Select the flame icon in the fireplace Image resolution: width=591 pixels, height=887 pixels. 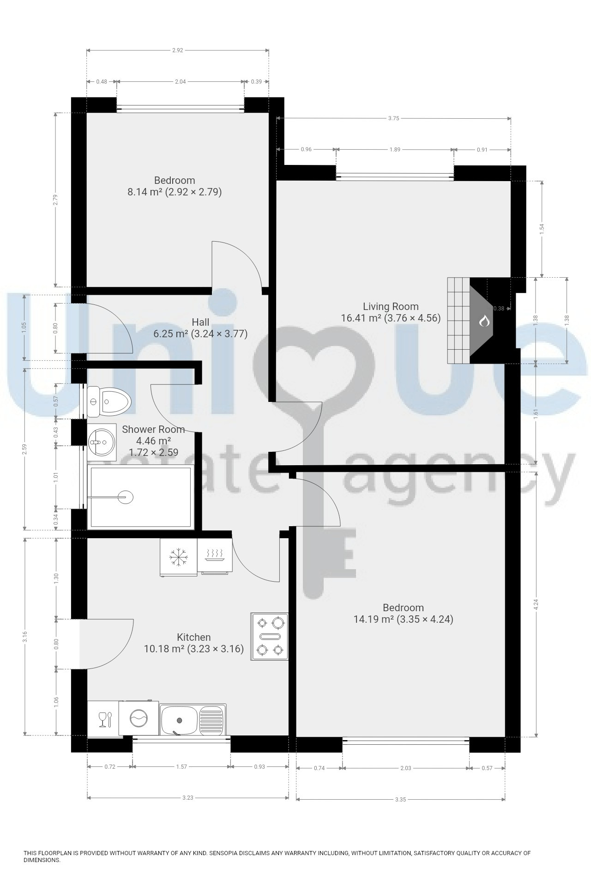point(484,321)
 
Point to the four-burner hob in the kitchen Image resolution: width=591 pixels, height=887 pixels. point(270,636)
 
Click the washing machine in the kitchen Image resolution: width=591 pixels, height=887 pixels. point(139,718)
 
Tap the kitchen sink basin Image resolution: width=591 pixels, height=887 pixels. point(179,720)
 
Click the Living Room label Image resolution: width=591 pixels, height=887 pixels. point(391,306)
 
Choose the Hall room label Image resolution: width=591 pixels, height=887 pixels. point(200,322)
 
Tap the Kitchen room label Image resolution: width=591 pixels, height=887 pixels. point(194,637)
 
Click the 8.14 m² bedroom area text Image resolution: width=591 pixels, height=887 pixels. point(175,192)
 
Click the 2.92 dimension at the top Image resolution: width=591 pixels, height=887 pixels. point(178,50)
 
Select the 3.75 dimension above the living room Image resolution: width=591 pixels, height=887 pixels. point(393,118)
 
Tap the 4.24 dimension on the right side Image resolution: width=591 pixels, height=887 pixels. point(536,604)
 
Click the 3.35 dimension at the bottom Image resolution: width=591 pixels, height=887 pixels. point(401,800)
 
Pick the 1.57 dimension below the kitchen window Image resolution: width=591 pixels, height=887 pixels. point(181,767)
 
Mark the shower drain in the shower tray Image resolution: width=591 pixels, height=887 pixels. point(125,498)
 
